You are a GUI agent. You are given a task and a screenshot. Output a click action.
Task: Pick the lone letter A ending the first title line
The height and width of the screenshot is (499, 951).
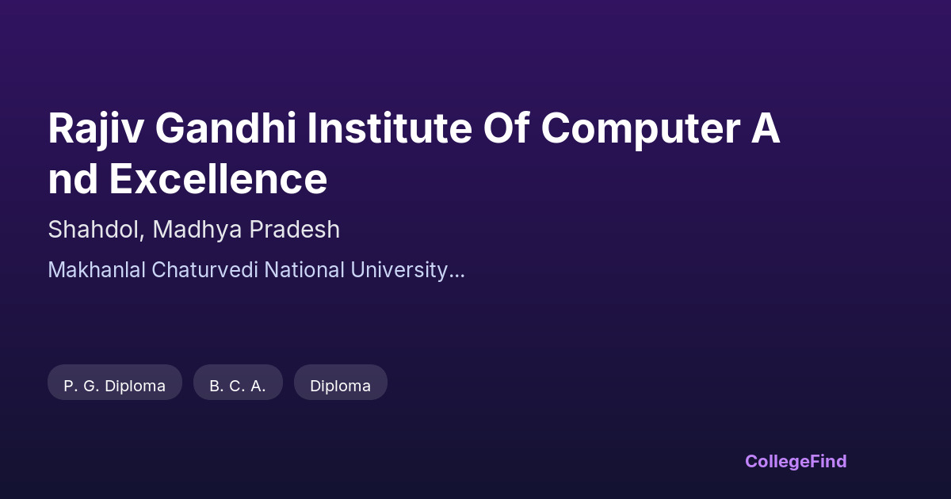tap(766, 130)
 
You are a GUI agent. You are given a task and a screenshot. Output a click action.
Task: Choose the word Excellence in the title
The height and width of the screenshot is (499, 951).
tap(218, 179)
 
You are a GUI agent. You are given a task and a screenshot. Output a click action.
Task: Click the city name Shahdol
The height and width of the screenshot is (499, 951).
tap(94, 230)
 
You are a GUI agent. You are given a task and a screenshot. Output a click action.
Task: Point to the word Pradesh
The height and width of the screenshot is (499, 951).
tap(295, 230)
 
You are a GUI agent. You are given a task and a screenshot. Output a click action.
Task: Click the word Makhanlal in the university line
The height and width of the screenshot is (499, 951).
tap(97, 270)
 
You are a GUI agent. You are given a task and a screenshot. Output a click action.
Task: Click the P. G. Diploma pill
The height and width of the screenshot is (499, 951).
tap(115, 386)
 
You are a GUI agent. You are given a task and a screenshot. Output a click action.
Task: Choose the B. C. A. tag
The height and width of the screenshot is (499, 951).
tap(238, 386)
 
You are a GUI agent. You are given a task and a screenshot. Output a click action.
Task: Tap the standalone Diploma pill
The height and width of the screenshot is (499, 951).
tap(341, 386)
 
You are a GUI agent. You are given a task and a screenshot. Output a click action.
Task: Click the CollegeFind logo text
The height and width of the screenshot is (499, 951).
tap(796, 461)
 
